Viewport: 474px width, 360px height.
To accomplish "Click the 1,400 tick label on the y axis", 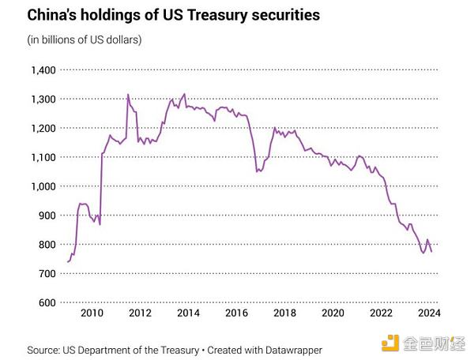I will (41, 70).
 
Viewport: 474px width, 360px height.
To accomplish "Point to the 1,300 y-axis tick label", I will (41, 99).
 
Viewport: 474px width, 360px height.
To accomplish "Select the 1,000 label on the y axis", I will (41, 186).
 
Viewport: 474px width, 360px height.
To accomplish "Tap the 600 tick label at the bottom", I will (44, 302).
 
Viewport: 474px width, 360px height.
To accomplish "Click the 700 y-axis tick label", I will (44, 273).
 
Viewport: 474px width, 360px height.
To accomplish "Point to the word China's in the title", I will (53, 15).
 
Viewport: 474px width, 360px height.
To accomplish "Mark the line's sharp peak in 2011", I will (128, 95).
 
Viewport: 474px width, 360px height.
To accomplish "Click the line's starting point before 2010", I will (67, 261).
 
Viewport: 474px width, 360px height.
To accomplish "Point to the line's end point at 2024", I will (431, 251).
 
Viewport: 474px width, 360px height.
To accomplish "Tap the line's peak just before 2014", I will (184, 94).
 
